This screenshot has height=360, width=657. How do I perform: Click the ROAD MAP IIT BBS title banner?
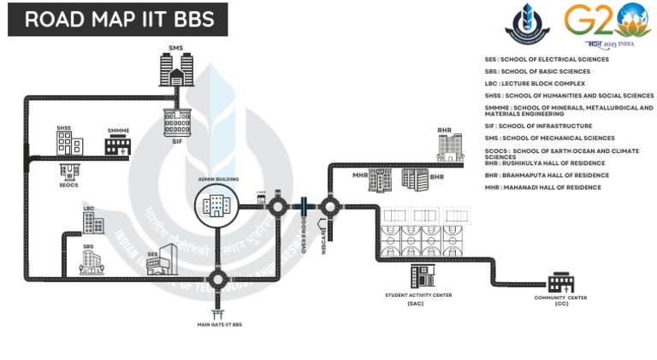[118, 20]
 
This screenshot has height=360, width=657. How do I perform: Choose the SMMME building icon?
[116, 145]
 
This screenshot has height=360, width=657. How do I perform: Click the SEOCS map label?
[68, 185]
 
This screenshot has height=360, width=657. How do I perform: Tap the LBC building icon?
[90, 221]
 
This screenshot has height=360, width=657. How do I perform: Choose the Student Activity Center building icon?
[419, 276]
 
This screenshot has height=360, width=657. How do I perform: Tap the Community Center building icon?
[561, 281]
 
